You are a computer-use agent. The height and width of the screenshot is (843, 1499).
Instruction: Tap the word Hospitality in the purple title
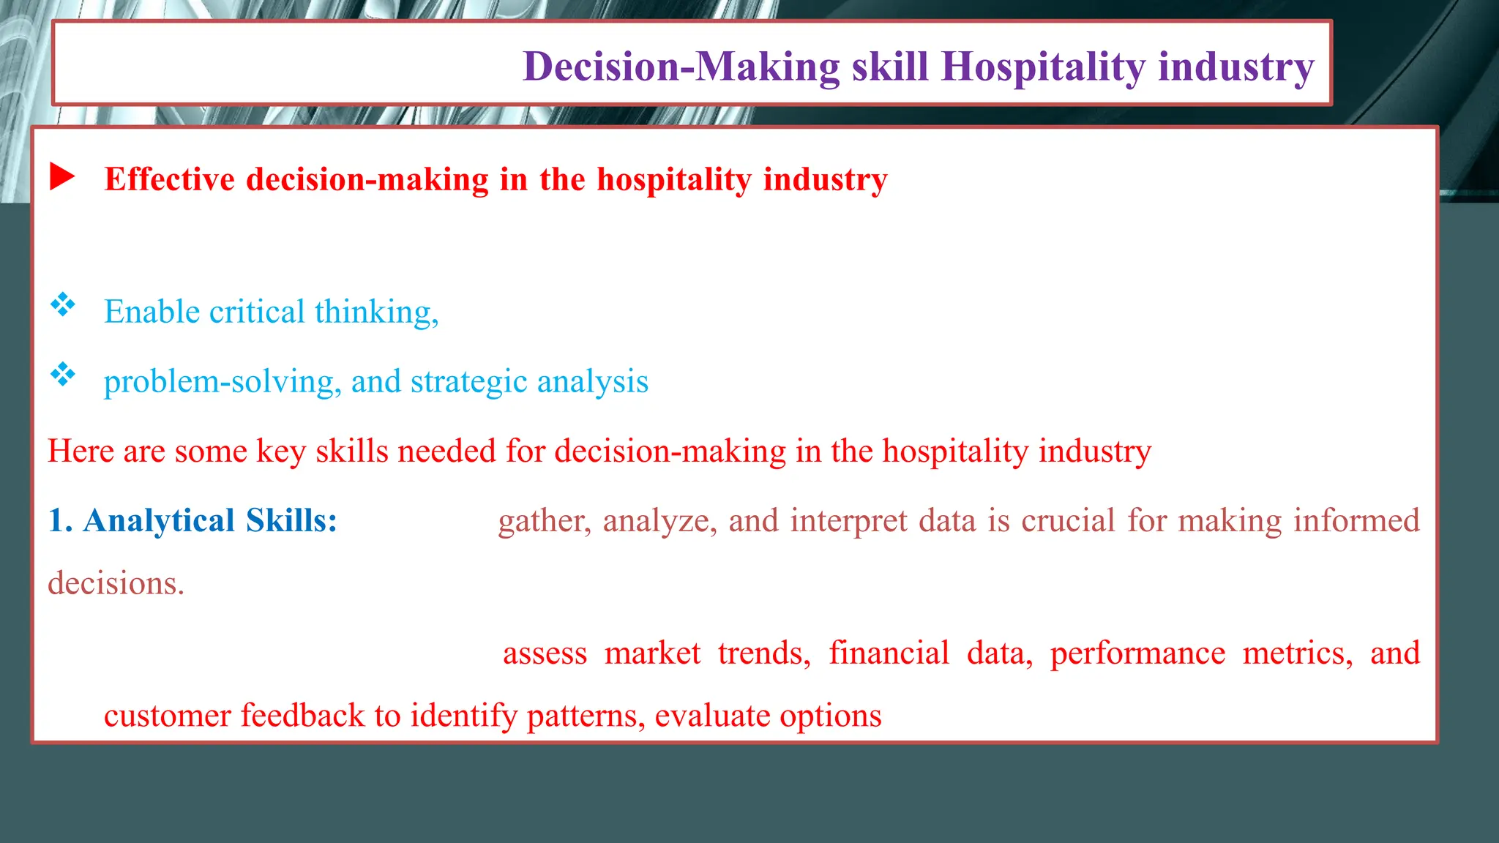pyautogui.click(x=1043, y=67)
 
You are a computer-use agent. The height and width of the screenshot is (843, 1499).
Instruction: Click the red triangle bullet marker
pyautogui.click(x=62, y=177)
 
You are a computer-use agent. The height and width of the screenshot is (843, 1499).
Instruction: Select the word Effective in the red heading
pyautogui.click(x=170, y=179)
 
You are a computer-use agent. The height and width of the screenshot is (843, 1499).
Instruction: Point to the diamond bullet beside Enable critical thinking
pyautogui.click(x=63, y=304)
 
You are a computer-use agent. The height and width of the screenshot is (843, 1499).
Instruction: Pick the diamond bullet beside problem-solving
pyautogui.click(x=63, y=374)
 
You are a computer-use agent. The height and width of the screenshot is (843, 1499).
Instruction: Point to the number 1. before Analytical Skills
pyautogui.click(x=60, y=521)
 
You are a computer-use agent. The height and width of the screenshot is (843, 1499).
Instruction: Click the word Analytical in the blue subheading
pyautogui.click(x=159, y=521)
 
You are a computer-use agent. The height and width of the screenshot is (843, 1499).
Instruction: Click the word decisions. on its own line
pyautogui.click(x=116, y=584)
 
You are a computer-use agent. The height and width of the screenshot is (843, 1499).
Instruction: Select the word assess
pyautogui.click(x=545, y=653)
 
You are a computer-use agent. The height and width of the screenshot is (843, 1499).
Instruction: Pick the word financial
pyautogui.click(x=889, y=653)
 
